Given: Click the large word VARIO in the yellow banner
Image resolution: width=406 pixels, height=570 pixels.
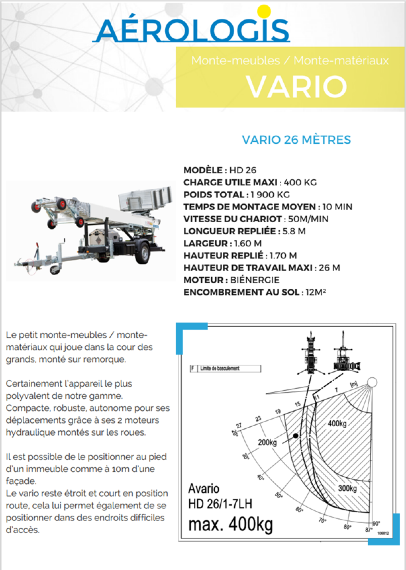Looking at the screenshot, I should pos(297,87).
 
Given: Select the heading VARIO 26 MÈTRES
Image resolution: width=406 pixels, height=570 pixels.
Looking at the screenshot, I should pos(296,140).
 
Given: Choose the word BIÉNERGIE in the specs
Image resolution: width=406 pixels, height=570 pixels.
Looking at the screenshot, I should pos(255,280).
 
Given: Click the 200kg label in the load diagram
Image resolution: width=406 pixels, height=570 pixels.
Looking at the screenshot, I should pos(267,442).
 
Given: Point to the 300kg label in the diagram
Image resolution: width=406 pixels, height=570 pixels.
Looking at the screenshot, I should pos(347,488).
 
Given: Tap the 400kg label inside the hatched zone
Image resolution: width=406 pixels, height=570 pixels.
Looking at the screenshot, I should pos(337,424).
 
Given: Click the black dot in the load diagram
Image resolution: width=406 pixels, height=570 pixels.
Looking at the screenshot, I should pos(296,436).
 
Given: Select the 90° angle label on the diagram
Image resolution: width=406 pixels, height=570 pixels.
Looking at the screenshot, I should pos(376,524).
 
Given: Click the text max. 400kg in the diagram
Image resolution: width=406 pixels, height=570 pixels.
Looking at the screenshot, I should pos(230,524).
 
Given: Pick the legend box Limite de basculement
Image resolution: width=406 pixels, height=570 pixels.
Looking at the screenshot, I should pos(225,369).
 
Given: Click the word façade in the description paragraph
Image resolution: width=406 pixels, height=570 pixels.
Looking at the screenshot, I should pos(21,481).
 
